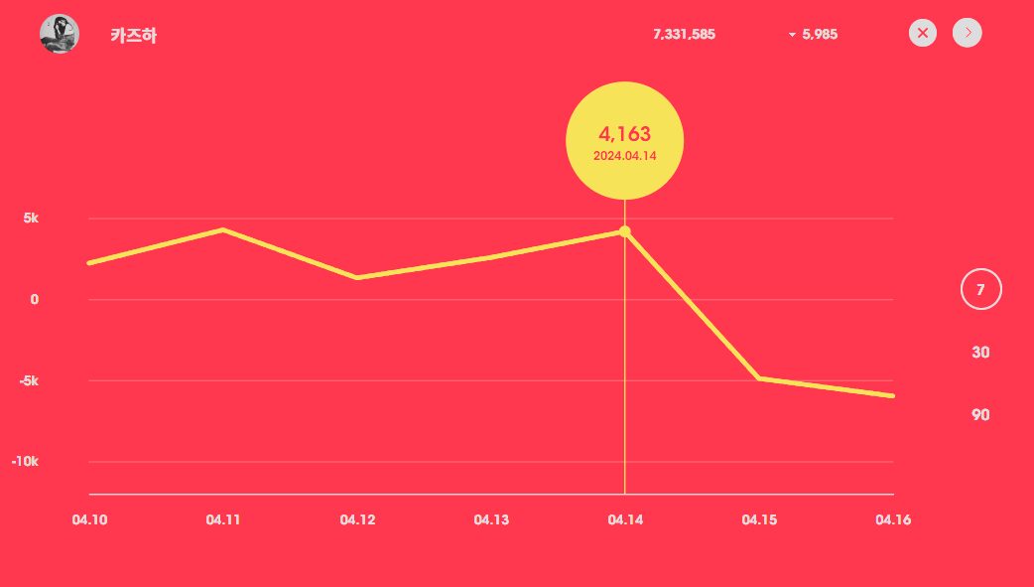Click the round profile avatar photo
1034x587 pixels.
pyautogui.click(x=60, y=35)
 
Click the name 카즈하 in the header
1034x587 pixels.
pyautogui.click(x=134, y=36)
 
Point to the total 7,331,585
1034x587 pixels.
pyautogui.click(x=684, y=34)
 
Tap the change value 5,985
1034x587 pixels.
pyautogui.click(x=820, y=34)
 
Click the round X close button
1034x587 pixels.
pyautogui.click(x=923, y=33)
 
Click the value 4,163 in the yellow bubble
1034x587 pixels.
pyautogui.click(x=624, y=134)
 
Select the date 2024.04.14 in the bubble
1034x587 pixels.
pyautogui.click(x=624, y=156)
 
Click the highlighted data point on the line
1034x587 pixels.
pyautogui.click(x=624, y=231)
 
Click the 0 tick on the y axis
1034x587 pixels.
pyautogui.click(x=34, y=299)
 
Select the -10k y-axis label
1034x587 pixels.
pyautogui.click(x=24, y=462)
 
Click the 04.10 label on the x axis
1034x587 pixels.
pyautogui.click(x=89, y=519)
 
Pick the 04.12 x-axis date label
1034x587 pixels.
pyautogui.click(x=356, y=519)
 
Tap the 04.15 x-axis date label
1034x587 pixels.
pyautogui.click(x=759, y=519)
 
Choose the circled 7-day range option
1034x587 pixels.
pyautogui.click(x=980, y=290)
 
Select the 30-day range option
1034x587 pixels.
pyautogui.click(x=980, y=353)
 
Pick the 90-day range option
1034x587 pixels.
pyautogui.click(x=980, y=415)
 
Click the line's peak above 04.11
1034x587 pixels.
pyautogui.click(x=223, y=229)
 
